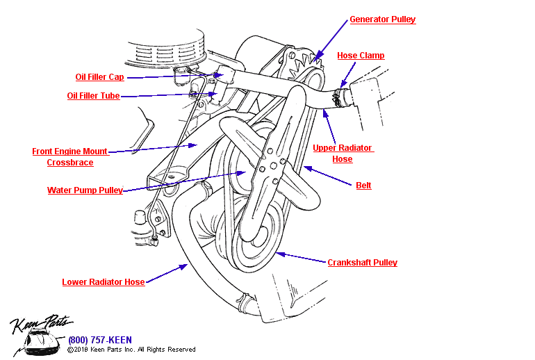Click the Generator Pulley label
point(382,19)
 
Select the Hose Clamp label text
point(361,56)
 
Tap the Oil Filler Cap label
point(99,77)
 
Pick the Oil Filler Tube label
point(93,96)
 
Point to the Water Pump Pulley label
point(85,190)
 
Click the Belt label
point(363,186)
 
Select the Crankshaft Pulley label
point(362,263)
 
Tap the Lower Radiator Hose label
point(104,282)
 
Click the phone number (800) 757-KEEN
point(100,340)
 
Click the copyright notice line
point(131,350)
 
